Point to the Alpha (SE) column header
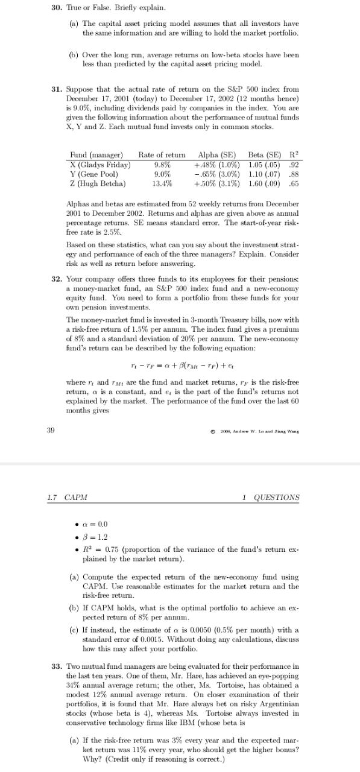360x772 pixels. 216,155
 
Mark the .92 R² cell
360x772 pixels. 295,165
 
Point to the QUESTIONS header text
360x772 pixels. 276,498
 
